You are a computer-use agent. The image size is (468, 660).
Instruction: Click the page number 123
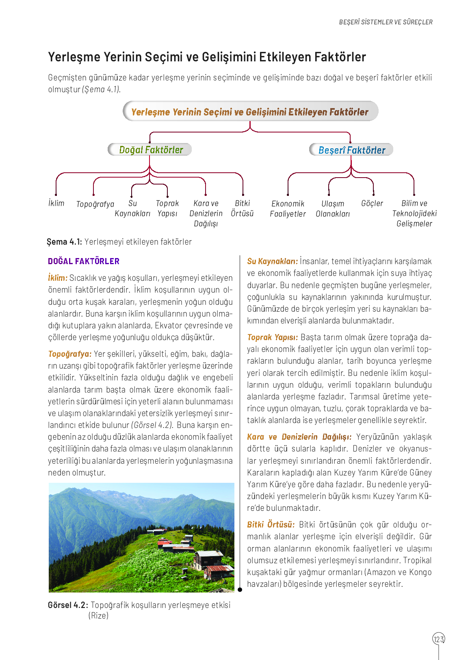(439, 639)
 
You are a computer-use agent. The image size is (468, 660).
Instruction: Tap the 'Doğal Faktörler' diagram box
(150, 150)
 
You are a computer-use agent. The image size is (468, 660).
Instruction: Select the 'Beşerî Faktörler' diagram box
(351, 150)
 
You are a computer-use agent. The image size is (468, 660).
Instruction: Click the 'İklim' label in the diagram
(56, 203)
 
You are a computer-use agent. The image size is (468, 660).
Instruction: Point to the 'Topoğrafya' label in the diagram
(95, 204)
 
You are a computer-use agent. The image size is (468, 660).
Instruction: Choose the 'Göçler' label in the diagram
(372, 203)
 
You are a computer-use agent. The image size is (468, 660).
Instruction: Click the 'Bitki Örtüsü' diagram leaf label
(243, 208)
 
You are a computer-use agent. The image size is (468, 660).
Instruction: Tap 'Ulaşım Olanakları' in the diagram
(333, 208)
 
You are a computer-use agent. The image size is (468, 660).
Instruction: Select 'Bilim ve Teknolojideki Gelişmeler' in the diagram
(414, 213)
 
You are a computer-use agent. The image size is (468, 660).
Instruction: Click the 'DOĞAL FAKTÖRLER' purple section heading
(84, 261)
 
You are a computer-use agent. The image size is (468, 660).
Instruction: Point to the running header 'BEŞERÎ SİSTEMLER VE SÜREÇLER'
(386, 22)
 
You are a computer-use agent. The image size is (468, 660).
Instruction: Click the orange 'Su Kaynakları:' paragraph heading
(272, 261)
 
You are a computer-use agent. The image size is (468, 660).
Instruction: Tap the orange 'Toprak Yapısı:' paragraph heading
(272, 337)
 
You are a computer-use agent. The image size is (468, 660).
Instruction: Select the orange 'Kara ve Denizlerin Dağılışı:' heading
(299, 437)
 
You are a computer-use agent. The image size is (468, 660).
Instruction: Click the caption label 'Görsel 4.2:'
(67, 605)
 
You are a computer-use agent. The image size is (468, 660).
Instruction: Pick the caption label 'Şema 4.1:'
(64, 242)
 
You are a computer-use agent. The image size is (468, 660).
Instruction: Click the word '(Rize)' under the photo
(98, 616)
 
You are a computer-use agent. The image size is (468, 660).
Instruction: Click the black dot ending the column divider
(240, 590)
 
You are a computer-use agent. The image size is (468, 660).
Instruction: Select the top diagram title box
(250, 112)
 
